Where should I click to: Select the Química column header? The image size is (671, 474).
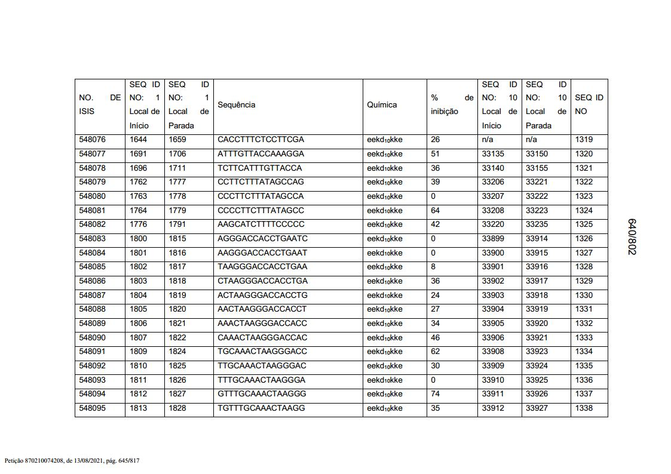[x=382, y=105]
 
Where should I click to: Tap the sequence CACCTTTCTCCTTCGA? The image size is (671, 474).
[x=261, y=140]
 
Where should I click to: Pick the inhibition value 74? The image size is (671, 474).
[x=436, y=394]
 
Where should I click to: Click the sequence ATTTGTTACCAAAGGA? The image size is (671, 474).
[x=261, y=154]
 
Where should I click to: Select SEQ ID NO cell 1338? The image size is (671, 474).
[x=584, y=408]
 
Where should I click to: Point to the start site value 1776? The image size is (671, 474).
[x=138, y=224]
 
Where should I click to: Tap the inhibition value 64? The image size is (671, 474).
[x=436, y=211]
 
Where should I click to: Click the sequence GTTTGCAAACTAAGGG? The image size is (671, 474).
[x=262, y=394]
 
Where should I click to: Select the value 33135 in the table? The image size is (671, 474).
[x=493, y=154]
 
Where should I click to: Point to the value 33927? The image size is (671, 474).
[x=537, y=408]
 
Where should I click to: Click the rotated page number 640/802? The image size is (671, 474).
[x=632, y=236]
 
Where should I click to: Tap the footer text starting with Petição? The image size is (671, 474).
[x=72, y=461]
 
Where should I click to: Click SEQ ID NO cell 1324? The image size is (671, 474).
[x=584, y=211]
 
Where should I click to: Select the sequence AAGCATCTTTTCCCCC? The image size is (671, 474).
[x=261, y=224]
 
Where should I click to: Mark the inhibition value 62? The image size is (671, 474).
[x=436, y=352]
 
